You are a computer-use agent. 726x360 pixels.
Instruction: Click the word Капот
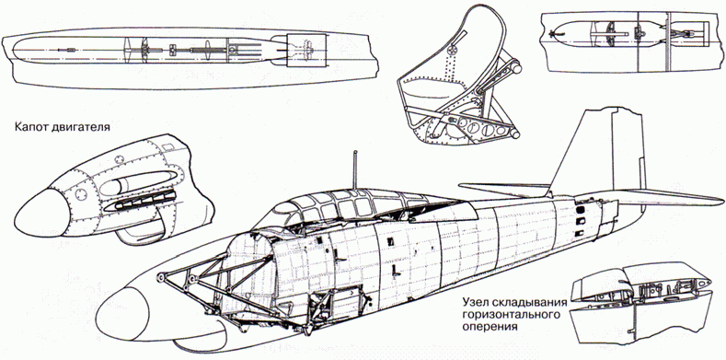29,126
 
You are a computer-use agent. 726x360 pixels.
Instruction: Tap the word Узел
476,303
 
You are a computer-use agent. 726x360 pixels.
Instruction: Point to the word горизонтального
510,315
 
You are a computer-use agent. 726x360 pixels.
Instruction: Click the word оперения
490,326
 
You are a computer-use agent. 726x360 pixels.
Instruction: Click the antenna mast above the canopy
355,169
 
